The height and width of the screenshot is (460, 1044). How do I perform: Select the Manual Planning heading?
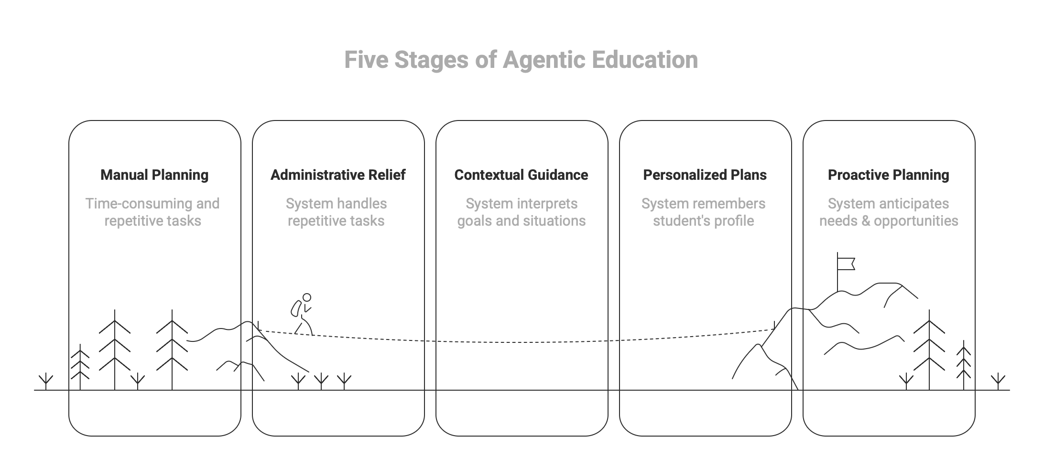point(154,175)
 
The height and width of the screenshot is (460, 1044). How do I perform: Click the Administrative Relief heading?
point(338,175)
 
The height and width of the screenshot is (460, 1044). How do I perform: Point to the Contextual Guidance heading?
point(521,175)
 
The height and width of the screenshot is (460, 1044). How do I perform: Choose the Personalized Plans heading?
point(705,175)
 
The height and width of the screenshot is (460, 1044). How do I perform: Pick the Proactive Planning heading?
point(888,175)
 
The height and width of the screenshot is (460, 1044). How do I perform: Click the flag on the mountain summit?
point(847,263)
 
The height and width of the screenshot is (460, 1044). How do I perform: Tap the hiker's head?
point(307,297)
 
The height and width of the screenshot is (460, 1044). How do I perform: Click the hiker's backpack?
point(296,308)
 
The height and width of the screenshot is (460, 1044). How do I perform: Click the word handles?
point(362,204)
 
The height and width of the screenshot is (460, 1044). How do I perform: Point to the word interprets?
point(549,204)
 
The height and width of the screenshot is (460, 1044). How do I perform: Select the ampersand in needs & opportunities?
point(864,221)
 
